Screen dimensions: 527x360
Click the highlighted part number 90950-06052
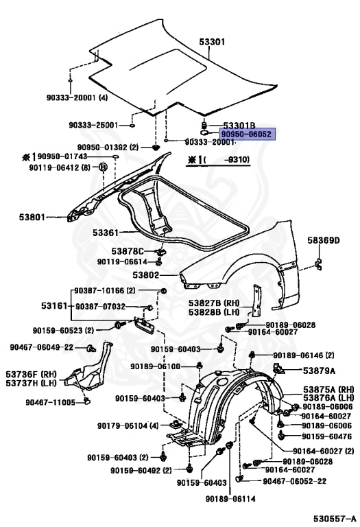245,135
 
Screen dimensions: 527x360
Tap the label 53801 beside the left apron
32,218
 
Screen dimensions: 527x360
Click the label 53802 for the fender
145,274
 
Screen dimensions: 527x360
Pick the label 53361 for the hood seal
106,233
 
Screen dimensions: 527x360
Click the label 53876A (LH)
328,397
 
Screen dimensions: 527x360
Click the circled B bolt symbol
104,167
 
